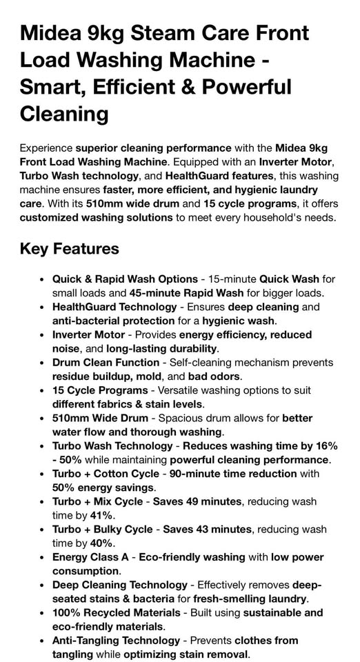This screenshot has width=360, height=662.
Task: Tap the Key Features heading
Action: tap(70, 248)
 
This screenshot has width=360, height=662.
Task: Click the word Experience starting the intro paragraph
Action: tap(46, 148)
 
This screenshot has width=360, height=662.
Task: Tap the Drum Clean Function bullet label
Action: tap(106, 362)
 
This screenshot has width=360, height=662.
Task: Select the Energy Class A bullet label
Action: tap(93, 557)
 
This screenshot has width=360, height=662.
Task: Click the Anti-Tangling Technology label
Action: tap(116, 641)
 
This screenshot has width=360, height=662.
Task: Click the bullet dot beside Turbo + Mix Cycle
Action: tap(42, 501)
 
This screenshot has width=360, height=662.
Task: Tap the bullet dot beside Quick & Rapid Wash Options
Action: tap(42, 279)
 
